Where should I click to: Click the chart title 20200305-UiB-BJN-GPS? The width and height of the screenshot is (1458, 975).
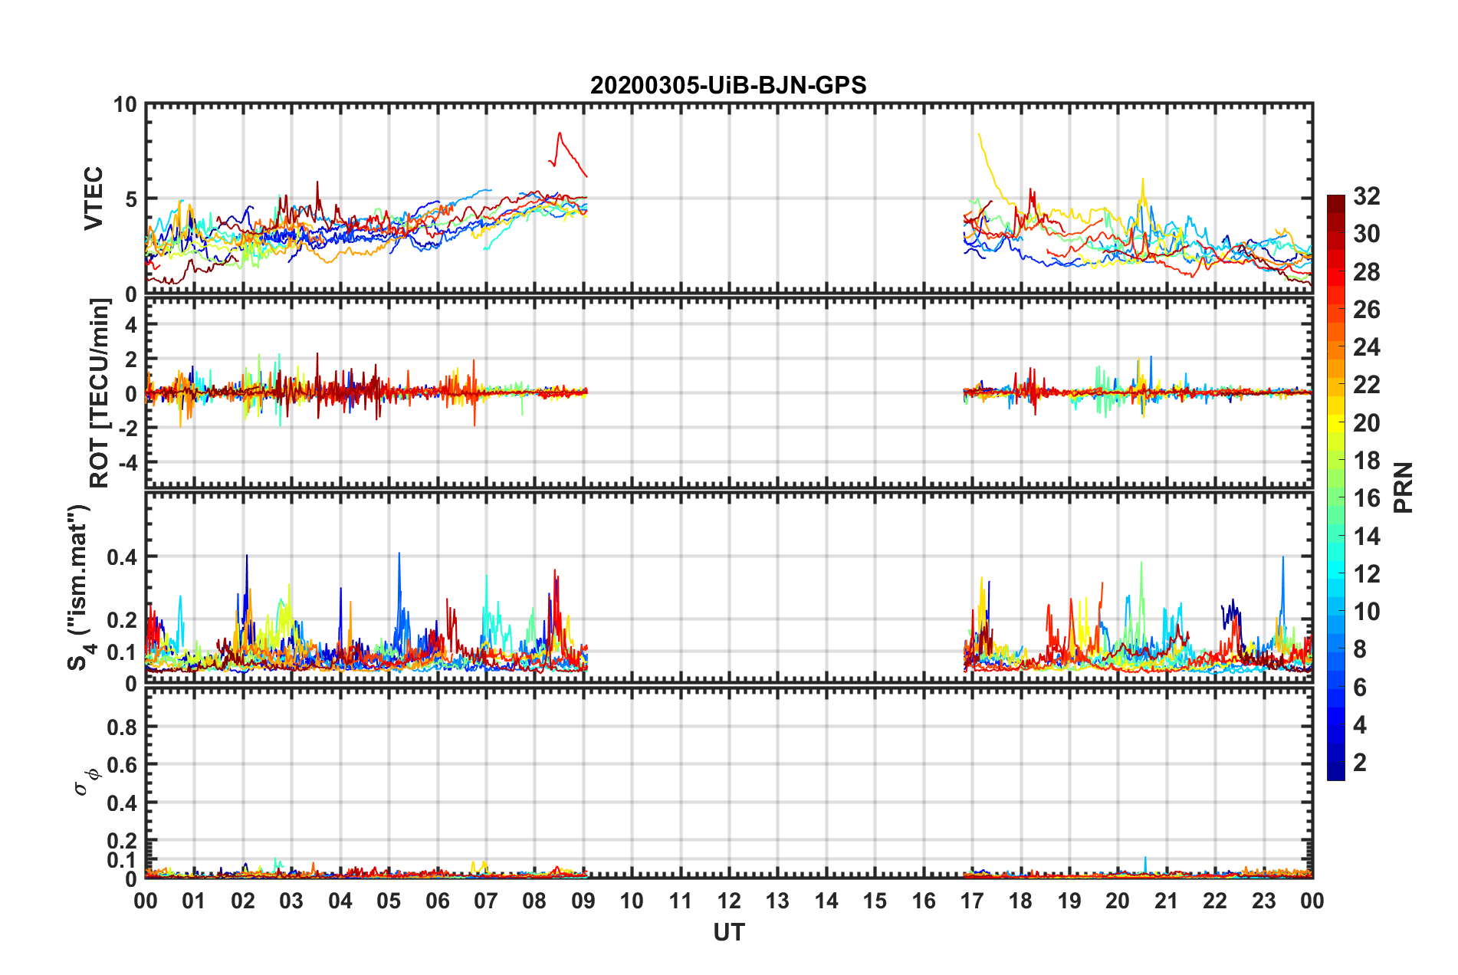tap(728, 85)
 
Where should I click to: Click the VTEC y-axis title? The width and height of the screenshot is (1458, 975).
tap(94, 198)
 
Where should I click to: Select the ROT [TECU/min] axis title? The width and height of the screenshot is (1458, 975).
tap(100, 393)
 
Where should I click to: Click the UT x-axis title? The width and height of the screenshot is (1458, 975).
tap(728, 932)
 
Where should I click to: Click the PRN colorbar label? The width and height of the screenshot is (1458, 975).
tap(1403, 487)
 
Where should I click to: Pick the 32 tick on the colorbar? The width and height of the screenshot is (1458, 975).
tap(1366, 196)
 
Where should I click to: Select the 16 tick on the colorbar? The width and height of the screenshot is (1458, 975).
tap(1366, 498)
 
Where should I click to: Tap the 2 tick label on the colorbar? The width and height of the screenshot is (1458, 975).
tap(1360, 763)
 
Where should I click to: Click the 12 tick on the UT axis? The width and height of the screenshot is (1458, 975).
tap(729, 901)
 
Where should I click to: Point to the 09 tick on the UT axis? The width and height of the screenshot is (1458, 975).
tap(583, 901)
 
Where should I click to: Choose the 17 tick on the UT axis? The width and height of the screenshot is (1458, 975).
tap(972, 901)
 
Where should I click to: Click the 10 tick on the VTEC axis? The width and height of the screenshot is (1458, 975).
tap(125, 104)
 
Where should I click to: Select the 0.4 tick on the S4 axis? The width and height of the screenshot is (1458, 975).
tap(122, 556)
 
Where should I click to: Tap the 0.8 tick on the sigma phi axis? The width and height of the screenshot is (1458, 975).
tap(122, 727)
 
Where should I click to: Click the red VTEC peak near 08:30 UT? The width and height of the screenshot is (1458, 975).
tap(560, 133)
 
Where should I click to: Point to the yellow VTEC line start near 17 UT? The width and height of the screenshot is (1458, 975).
tap(979, 134)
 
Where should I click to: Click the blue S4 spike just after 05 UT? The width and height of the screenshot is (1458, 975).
tap(399, 553)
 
